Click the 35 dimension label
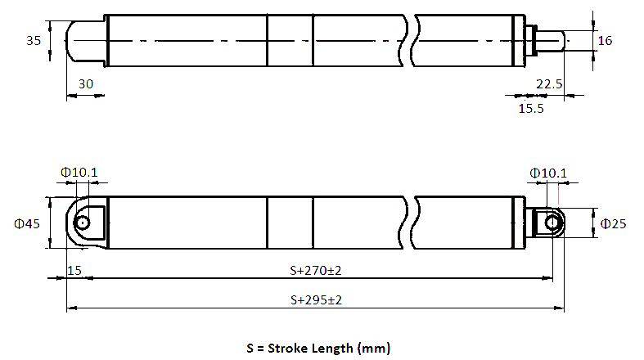[x=34, y=40]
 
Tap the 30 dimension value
[x=86, y=83]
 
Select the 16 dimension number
[x=605, y=40]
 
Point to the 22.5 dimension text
[x=549, y=83]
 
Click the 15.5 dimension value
[x=531, y=108]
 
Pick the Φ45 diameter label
[x=27, y=223]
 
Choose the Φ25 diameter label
[x=613, y=223]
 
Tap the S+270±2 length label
[x=315, y=271]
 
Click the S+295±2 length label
[x=316, y=300]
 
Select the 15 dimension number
[x=74, y=271]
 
